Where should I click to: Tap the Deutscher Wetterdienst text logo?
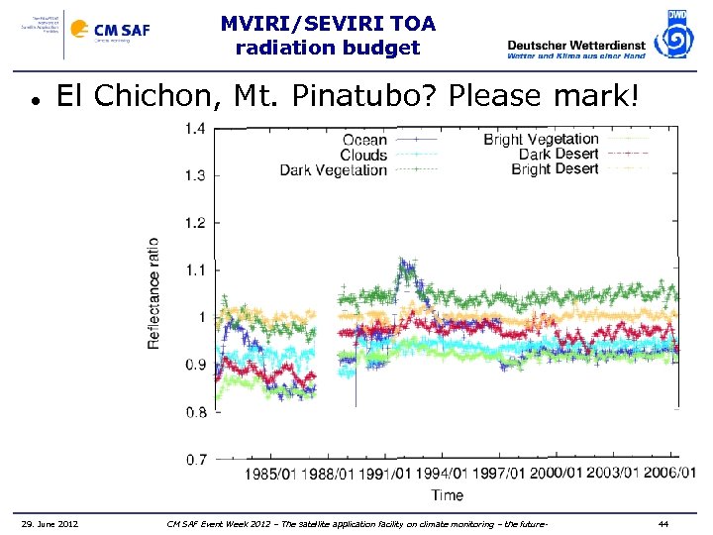pyautogui.click(x=575, y=48)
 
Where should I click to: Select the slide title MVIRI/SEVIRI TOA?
pyautogui.click(x=327, y=23)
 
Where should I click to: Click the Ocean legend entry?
pyautogui.click(x=363, y=141)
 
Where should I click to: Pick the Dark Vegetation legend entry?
pyautogui.click(x=334, y=170)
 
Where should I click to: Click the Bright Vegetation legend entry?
pyautogui.click(x=541, y=140)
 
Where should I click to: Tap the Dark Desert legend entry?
pyautogui.click(x=559, y=155)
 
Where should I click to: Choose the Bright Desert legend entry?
pyautogui.click(x=555, y=169)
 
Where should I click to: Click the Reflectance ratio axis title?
pyautogui.click(x=153, y=292)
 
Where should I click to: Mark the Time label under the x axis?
pyautogui.click(x=447, y=493)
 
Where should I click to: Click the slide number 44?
pyautogui.click(x=663, y=523)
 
